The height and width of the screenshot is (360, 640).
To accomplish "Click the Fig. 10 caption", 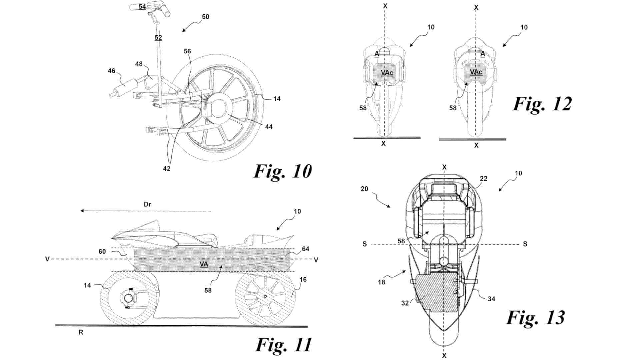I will click(x=283, y=171).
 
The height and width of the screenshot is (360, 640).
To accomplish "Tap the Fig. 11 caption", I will click(x=284, y=345).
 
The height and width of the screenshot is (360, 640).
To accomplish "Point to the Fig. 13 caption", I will click(x=536, y=317).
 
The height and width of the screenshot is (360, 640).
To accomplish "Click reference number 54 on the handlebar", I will click(x=142, y=6).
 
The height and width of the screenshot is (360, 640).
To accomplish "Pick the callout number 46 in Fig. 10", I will click(x=111, y=71).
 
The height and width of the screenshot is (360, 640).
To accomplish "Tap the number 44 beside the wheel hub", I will click(x=269, y=127).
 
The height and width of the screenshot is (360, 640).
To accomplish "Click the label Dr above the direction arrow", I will click(x=147, y=204).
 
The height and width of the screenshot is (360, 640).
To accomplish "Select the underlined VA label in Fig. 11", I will click(x=204, y=264).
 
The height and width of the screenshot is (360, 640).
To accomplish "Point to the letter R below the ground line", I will click(x=81, y=332).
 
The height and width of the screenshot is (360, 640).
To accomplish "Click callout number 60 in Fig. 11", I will click(x=102, y=251).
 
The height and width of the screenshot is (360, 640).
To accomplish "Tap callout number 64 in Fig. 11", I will click(x=305, y=249).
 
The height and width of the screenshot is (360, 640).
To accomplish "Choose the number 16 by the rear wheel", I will click(x=303, y=280).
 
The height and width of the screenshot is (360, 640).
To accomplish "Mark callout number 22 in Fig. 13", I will click(x=483, y=179).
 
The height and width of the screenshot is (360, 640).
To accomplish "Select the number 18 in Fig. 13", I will click(x=381, y=282).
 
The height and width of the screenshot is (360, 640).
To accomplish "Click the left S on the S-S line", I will click(x=365, y=244).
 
